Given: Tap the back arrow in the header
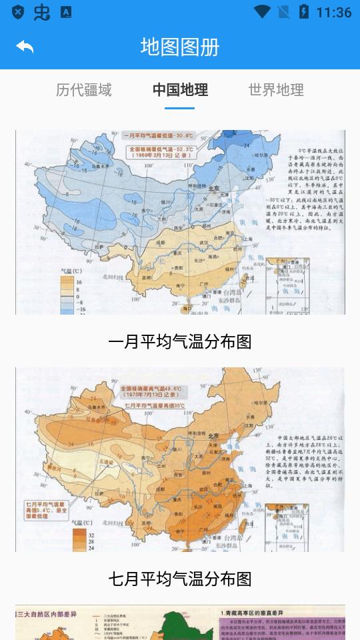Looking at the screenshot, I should (25, 47).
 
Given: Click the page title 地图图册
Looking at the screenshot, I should (180, 47).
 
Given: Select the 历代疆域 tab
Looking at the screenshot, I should (83, 90).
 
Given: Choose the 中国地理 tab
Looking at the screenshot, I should (180, 90).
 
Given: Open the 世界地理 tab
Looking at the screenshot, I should (276, 90).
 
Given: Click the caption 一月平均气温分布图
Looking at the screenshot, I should (180, 341).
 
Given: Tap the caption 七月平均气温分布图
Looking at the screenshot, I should (180, 579).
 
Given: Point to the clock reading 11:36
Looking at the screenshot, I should (334, 12).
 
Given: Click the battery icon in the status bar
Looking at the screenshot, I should (304, 12).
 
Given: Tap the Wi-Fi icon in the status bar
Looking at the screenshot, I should (262, 12).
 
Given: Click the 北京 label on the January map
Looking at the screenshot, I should (214, 188).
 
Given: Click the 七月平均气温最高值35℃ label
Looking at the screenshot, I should (153, 405).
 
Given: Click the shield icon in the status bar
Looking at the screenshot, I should (18, 12).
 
